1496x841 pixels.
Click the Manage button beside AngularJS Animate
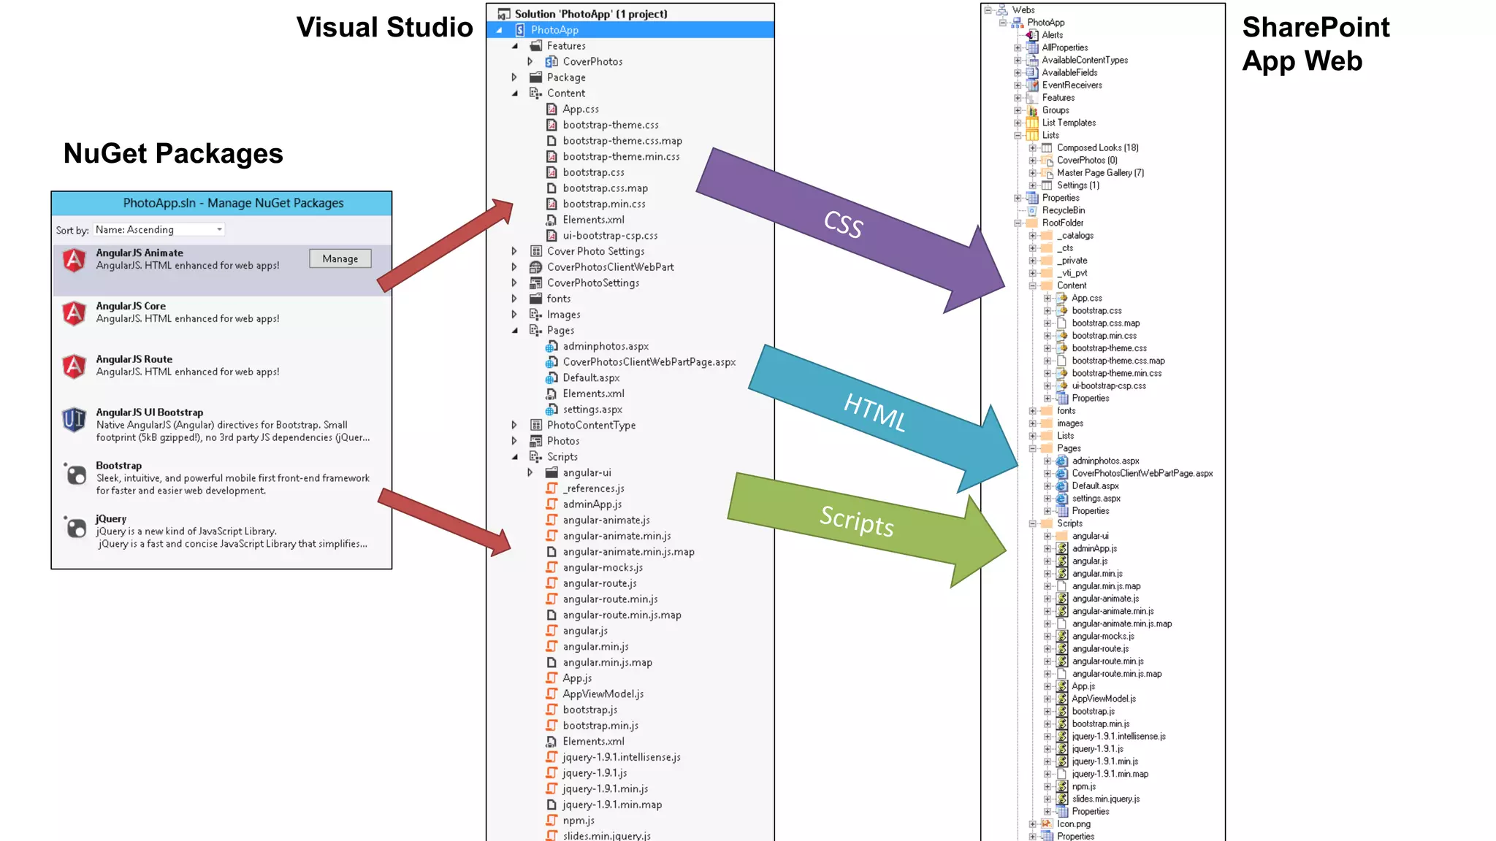click(340, 258)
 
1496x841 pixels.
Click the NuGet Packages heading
click(173, 153)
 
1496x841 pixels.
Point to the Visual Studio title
click(384, 28)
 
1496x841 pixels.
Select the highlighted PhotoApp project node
click(554, 30)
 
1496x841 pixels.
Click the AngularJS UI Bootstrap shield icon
click(74, 420)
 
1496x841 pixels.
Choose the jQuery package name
click(111, 518)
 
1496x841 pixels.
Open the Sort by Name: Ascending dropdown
click(159, 229)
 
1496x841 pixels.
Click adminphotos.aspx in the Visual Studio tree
click(605, 346)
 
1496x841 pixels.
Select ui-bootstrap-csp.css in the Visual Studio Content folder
click(610, 236)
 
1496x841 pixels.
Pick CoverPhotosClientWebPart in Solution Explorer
click(610, 267)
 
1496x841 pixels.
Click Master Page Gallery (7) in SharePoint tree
click(1100, 173)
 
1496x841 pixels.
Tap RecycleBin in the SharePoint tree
click(1063, 210)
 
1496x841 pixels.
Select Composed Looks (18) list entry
click(1097, 147)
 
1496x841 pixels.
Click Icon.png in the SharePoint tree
click(1073, 823)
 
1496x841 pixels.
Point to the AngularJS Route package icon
click(74, 366)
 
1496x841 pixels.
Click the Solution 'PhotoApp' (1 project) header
click(590, 14)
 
